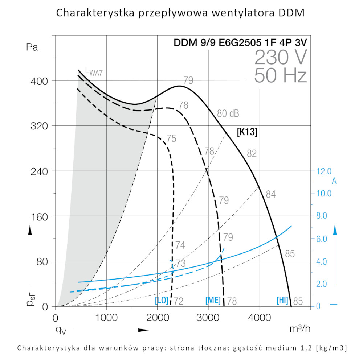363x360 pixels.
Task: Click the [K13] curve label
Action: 247,132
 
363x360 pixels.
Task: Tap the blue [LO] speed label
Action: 162,301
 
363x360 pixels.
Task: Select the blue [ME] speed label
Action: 213,301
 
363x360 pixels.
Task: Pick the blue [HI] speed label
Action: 282,301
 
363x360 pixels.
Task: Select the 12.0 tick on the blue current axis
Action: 324,171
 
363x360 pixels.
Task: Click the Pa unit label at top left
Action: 32,47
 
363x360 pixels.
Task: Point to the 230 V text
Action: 281,57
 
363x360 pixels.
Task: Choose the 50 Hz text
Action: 281,75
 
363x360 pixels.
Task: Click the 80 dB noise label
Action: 228,113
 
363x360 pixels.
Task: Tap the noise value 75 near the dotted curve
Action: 171,138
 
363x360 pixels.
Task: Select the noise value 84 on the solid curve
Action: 271,194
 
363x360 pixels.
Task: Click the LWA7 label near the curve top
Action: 94,70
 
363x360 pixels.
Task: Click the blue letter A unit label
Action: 334,181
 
